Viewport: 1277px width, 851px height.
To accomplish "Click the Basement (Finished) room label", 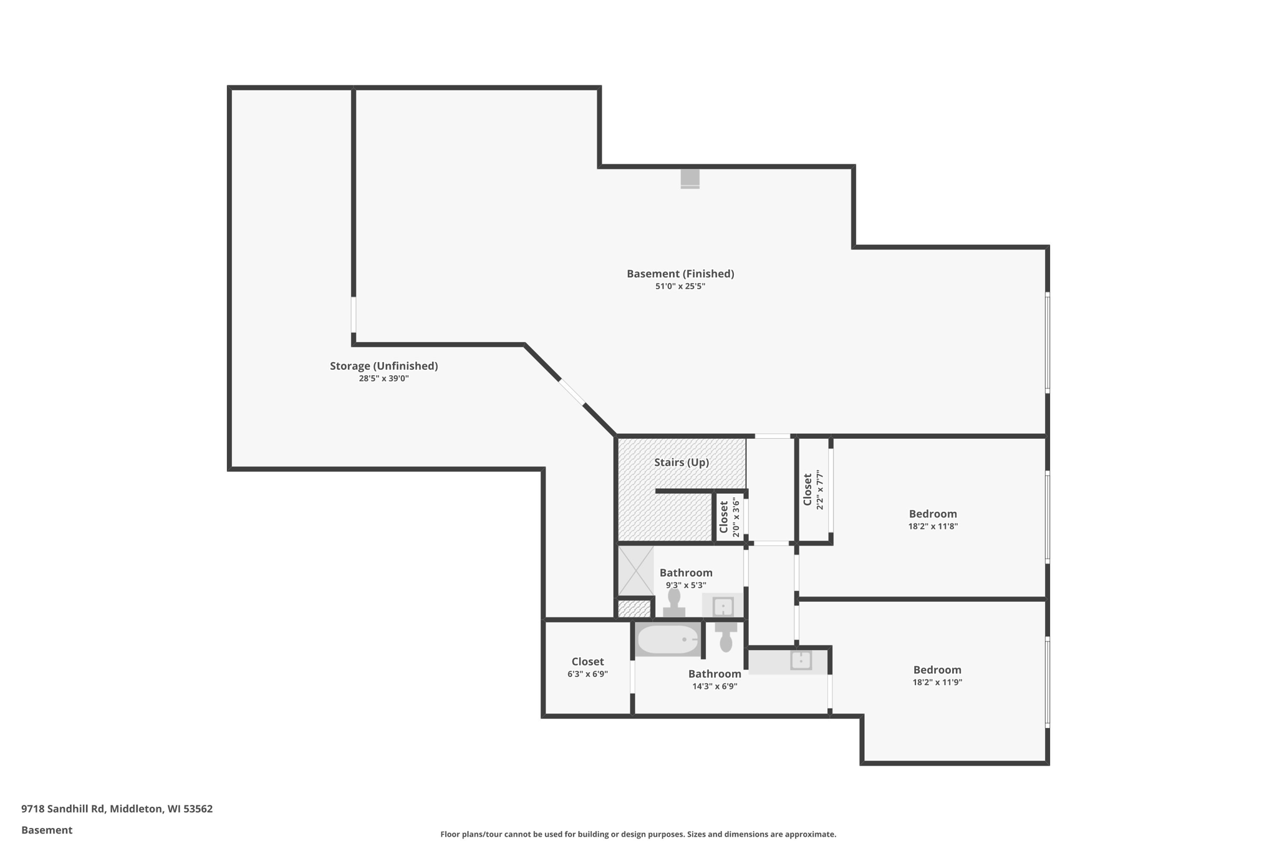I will click(680, 274).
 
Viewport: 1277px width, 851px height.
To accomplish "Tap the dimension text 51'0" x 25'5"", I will click(680, 287).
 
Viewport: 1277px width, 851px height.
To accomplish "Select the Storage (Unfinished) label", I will click(383, 366).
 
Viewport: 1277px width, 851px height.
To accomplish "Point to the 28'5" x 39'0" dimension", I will click(383, 378).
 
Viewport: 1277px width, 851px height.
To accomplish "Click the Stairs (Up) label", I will click(681, 463).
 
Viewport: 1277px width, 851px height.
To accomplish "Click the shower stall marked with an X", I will click(635, 570).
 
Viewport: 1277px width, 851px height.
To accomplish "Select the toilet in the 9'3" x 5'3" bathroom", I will click(674, 603).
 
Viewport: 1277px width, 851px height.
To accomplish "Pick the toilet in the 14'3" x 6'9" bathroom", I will click(726, 637).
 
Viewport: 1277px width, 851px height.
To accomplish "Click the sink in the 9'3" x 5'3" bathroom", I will click(723, 606).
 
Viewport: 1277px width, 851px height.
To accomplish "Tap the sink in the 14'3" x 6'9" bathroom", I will click(801, 660).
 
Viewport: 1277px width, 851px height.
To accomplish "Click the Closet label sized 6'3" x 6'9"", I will click(587, 661).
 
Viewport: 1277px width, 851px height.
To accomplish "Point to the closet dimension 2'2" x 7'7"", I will click(821, 490).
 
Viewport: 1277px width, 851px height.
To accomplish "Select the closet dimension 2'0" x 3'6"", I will click(736, 517).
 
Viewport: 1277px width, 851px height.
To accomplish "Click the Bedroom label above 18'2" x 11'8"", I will click(932, 514).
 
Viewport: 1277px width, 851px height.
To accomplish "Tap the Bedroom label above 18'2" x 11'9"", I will click(937, 670).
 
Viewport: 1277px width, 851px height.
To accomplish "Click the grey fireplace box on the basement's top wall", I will click(690, 178).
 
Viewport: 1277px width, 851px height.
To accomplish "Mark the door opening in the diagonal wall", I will click(572, 392).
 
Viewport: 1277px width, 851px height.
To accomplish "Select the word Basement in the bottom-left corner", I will click(47, 830).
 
